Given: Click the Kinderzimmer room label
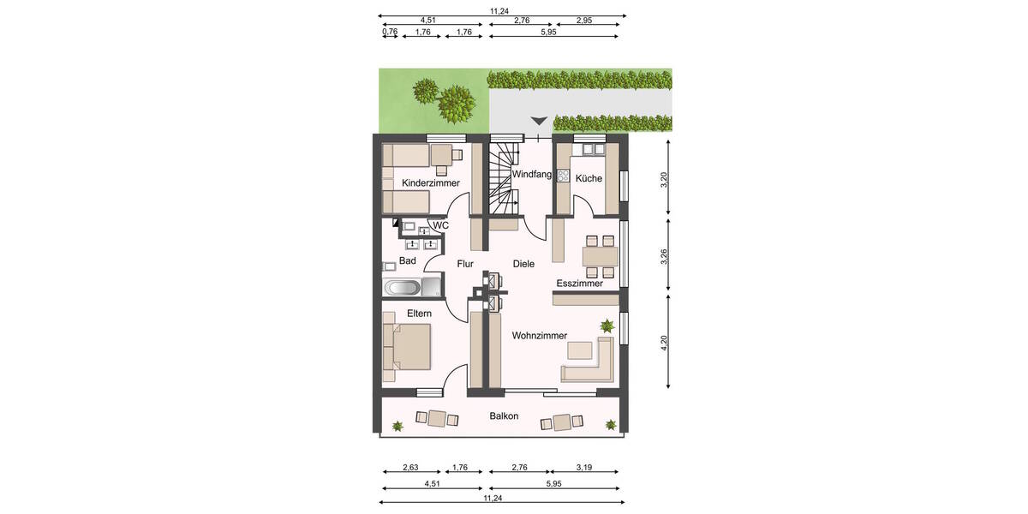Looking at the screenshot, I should (x=431, y=182).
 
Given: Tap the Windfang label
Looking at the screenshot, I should (x=532, y=175).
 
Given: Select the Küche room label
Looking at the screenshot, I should (x=589, y=179).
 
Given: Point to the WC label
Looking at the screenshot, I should (x=440, y=225).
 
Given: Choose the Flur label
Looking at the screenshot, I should (x=465, y=264).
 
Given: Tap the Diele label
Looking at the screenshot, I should (x=523, y=264).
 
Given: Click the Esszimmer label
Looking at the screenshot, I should (x=579, y=284).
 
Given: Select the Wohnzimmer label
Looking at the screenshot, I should (x=540, y=336).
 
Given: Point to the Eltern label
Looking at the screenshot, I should (x=419, y=314).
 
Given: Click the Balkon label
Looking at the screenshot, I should (x=504, y=416).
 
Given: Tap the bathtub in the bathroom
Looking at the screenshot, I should (x=402, y=286).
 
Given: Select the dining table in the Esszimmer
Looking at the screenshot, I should (x=600, y=255).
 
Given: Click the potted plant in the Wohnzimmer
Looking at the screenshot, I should (x=607, y=326).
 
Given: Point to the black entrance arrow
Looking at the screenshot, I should (x=539, y=123).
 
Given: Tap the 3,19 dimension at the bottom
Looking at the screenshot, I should (x=584, y=468).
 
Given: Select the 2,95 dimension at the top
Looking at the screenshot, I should (x=585, y=19).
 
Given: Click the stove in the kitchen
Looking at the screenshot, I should (x=563, y=176).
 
